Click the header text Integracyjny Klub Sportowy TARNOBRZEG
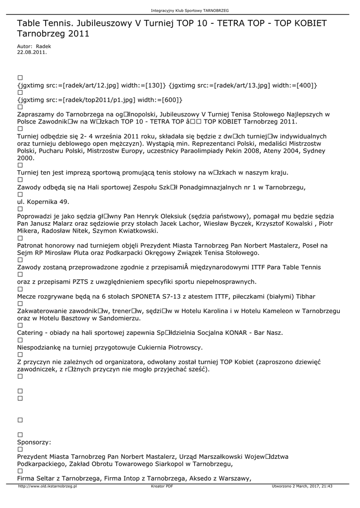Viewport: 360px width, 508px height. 180,10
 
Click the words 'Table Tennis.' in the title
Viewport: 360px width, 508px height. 46,23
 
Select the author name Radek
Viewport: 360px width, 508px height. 43,46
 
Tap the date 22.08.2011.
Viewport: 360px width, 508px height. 32,51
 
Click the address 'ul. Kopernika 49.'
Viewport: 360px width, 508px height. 43,202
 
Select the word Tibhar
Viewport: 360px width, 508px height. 305,296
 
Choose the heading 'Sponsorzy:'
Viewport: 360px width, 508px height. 34,442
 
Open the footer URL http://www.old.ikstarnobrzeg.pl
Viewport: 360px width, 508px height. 48,487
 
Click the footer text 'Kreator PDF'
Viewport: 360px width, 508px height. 162,487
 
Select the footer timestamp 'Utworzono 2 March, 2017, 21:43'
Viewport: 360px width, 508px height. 302,487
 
